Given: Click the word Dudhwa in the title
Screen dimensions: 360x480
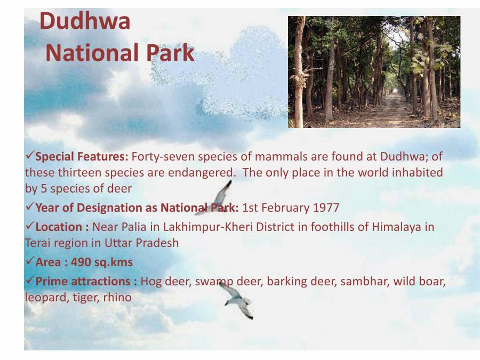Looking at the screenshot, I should pos(85,22).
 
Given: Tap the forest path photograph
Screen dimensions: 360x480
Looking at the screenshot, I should pos(374,71).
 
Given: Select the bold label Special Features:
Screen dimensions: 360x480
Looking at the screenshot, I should pos(82,157).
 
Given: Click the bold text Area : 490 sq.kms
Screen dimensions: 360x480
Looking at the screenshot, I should pos(84,262).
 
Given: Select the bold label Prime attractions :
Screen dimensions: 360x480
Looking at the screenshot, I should pos(86,281).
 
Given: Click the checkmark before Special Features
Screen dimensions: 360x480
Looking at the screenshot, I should pos(29,156).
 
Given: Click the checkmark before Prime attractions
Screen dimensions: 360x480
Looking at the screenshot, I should pos(29,281).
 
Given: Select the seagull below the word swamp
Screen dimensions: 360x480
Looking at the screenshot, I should pos(237,301).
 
